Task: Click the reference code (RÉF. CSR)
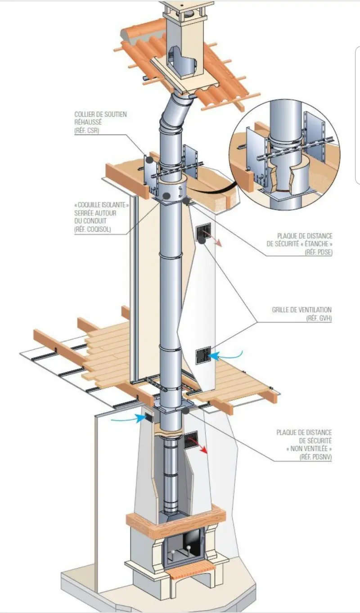86,131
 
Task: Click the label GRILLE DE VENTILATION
301,310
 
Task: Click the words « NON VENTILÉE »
309,449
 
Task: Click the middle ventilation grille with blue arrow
203,355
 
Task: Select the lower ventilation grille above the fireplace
191,440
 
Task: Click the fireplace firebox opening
182,547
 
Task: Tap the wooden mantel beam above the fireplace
175,522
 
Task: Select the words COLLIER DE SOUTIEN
100,114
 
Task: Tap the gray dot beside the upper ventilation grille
202,241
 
